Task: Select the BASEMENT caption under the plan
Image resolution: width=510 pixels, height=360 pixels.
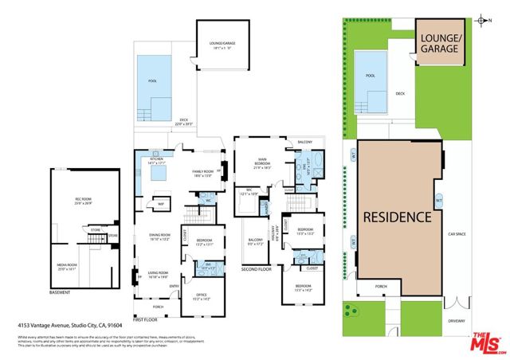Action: (61, 292)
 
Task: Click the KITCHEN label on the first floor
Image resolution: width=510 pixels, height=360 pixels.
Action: (156, 159)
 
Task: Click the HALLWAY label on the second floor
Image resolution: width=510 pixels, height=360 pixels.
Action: (276, 231)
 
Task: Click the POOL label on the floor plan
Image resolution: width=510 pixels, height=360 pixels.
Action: (153, 81)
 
